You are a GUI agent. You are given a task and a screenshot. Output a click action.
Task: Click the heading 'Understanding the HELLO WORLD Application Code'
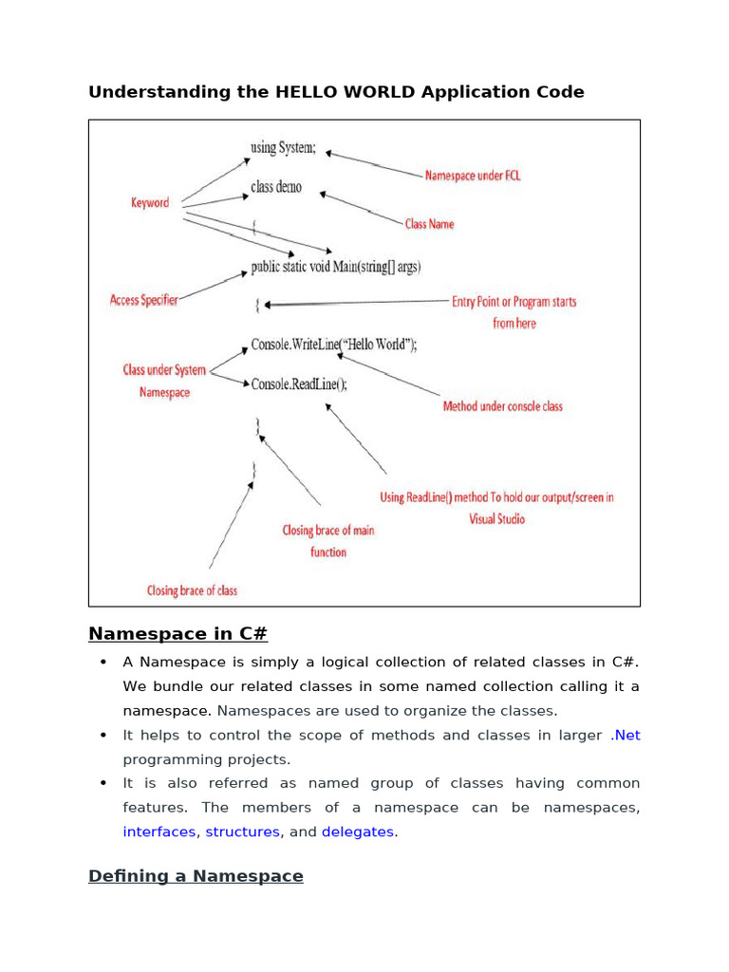click(x=336, y=92)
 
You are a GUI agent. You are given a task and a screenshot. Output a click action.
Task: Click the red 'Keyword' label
click(x=150, y=202)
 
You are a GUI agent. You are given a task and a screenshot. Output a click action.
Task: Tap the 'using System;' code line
click(x=283, y=148)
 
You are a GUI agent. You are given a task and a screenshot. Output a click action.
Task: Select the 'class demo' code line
click(x=276, y=187)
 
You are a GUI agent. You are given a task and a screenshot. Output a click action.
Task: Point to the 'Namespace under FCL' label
click(x=473, y=176)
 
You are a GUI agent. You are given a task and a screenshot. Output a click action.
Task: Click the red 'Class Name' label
click(x=429, y=224)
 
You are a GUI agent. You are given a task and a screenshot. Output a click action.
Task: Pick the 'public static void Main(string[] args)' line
click(x=336, y=266)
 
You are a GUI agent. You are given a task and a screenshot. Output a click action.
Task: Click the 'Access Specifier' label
click(x=143, y=300)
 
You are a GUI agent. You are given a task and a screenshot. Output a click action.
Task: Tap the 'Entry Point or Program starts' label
click(x=514, y=302)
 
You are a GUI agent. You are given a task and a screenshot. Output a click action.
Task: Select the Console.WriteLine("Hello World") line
click(x=333, y=345)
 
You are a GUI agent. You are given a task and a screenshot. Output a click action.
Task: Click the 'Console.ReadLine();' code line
click(x=299, y=383)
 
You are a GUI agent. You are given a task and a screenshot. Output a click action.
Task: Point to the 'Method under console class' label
click(x=502, y=406)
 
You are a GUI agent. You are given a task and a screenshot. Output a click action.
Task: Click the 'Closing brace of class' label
click(x=192, y=590)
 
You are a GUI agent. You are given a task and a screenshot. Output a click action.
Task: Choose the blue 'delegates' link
click(x=358, y=832)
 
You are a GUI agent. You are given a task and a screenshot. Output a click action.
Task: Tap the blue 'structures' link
click(x=242, y=832)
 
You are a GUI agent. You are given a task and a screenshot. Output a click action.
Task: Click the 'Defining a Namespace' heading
click(x=196, y=876)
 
